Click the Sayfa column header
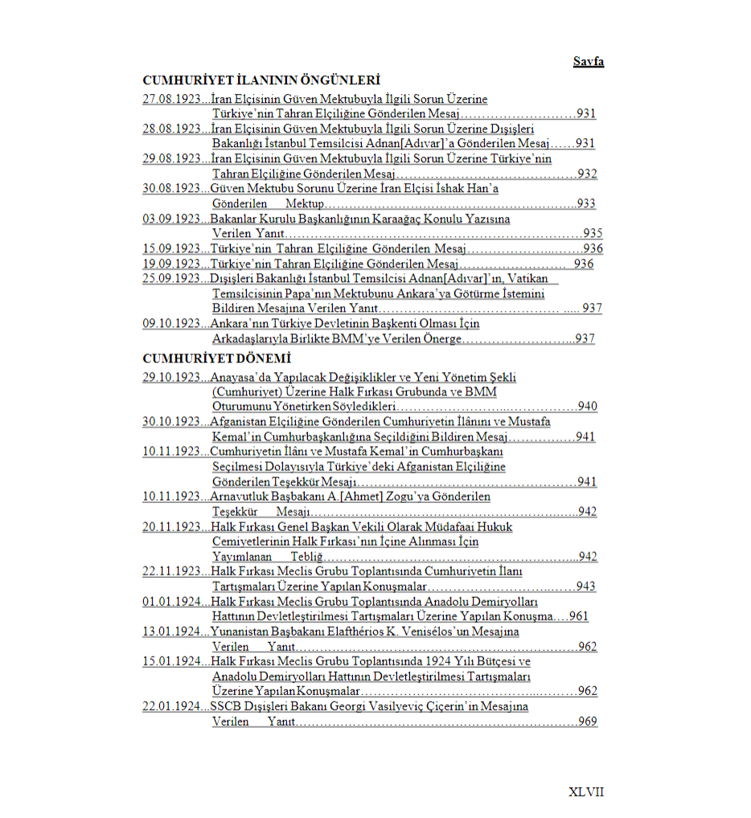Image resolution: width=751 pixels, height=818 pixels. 588,62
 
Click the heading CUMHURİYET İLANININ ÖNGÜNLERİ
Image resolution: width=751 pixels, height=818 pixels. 261,80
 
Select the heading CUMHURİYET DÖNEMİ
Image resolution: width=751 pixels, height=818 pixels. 216,358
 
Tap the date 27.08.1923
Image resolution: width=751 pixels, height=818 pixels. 171,100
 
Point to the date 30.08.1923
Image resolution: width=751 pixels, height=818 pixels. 171,189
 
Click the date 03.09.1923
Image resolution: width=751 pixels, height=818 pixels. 171,219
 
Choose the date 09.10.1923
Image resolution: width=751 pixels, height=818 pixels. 171,323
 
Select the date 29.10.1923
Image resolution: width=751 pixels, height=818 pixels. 171,377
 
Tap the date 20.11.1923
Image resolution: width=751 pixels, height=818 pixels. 171,526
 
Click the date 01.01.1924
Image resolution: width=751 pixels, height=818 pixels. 171,601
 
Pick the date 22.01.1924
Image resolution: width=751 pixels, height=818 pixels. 171,706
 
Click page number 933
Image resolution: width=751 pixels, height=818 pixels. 586,204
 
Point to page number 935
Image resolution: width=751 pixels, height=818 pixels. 593,234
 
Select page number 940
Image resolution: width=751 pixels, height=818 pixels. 587,407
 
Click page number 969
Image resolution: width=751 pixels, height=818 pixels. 587,722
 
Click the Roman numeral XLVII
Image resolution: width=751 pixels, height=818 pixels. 585,791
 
